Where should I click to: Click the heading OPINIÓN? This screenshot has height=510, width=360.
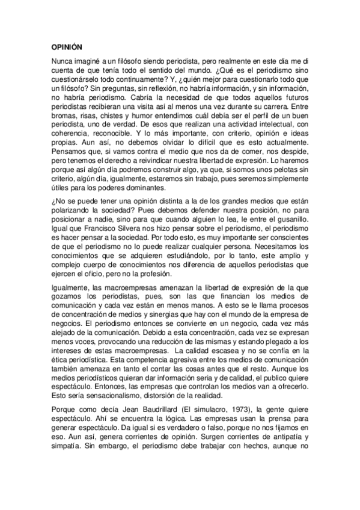coord(67,46)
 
